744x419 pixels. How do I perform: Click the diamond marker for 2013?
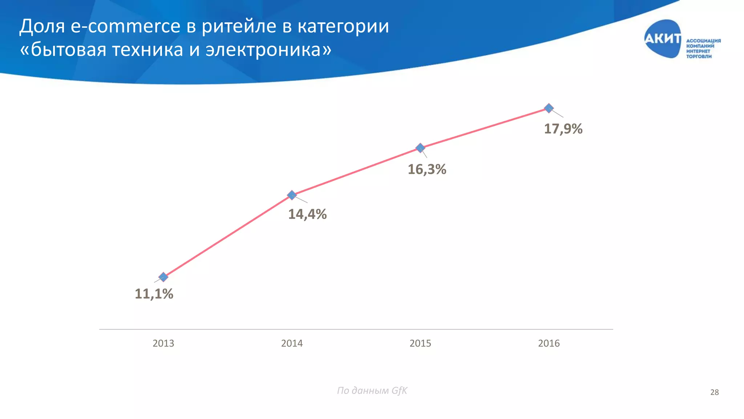coord(163,277)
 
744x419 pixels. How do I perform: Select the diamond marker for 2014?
coord(292,195)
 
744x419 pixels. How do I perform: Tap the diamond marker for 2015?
coord(420,148)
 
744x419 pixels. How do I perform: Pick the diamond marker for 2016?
coord(549,108)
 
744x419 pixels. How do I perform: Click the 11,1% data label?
coord(154,294)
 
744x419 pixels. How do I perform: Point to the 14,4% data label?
coord(307,214)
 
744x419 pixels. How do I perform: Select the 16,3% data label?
coord(427,169)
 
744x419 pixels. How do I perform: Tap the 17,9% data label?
coord(563,129)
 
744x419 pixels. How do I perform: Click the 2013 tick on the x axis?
coord(163,343)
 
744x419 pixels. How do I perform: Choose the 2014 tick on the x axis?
coord(292,343)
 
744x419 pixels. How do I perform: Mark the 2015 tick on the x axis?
coord(420,343)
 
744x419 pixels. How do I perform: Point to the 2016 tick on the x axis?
coord(549,343)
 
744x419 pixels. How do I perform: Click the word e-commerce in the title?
coord(125,27)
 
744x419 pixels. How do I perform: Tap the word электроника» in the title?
coord(268,49)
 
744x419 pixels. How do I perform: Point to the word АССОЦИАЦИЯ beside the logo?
coord(703,41)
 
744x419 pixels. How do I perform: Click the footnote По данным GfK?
coord(372,391)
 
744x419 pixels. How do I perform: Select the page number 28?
coord(714,392)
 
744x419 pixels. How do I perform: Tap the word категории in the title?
coord(343,27)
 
